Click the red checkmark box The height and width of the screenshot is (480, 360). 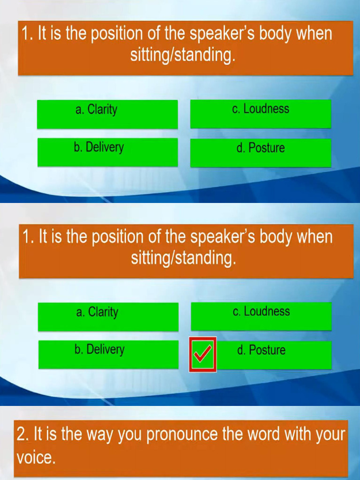pos(202,355)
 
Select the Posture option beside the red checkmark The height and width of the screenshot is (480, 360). pos(261,350)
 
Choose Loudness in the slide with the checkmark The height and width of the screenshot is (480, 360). pos(261,312)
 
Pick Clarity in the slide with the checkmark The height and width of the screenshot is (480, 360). pos(97,312)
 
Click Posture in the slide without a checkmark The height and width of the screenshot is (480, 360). pos(261,148)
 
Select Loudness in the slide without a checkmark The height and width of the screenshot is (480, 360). pos(261,109)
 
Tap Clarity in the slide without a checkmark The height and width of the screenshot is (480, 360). pos(97,110)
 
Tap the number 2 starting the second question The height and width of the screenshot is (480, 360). pos(22,435)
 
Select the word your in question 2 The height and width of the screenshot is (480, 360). pos(330,435)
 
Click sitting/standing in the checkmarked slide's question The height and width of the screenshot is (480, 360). pos(183,258)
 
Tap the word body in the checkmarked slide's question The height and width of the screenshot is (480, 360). pos(275,237)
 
